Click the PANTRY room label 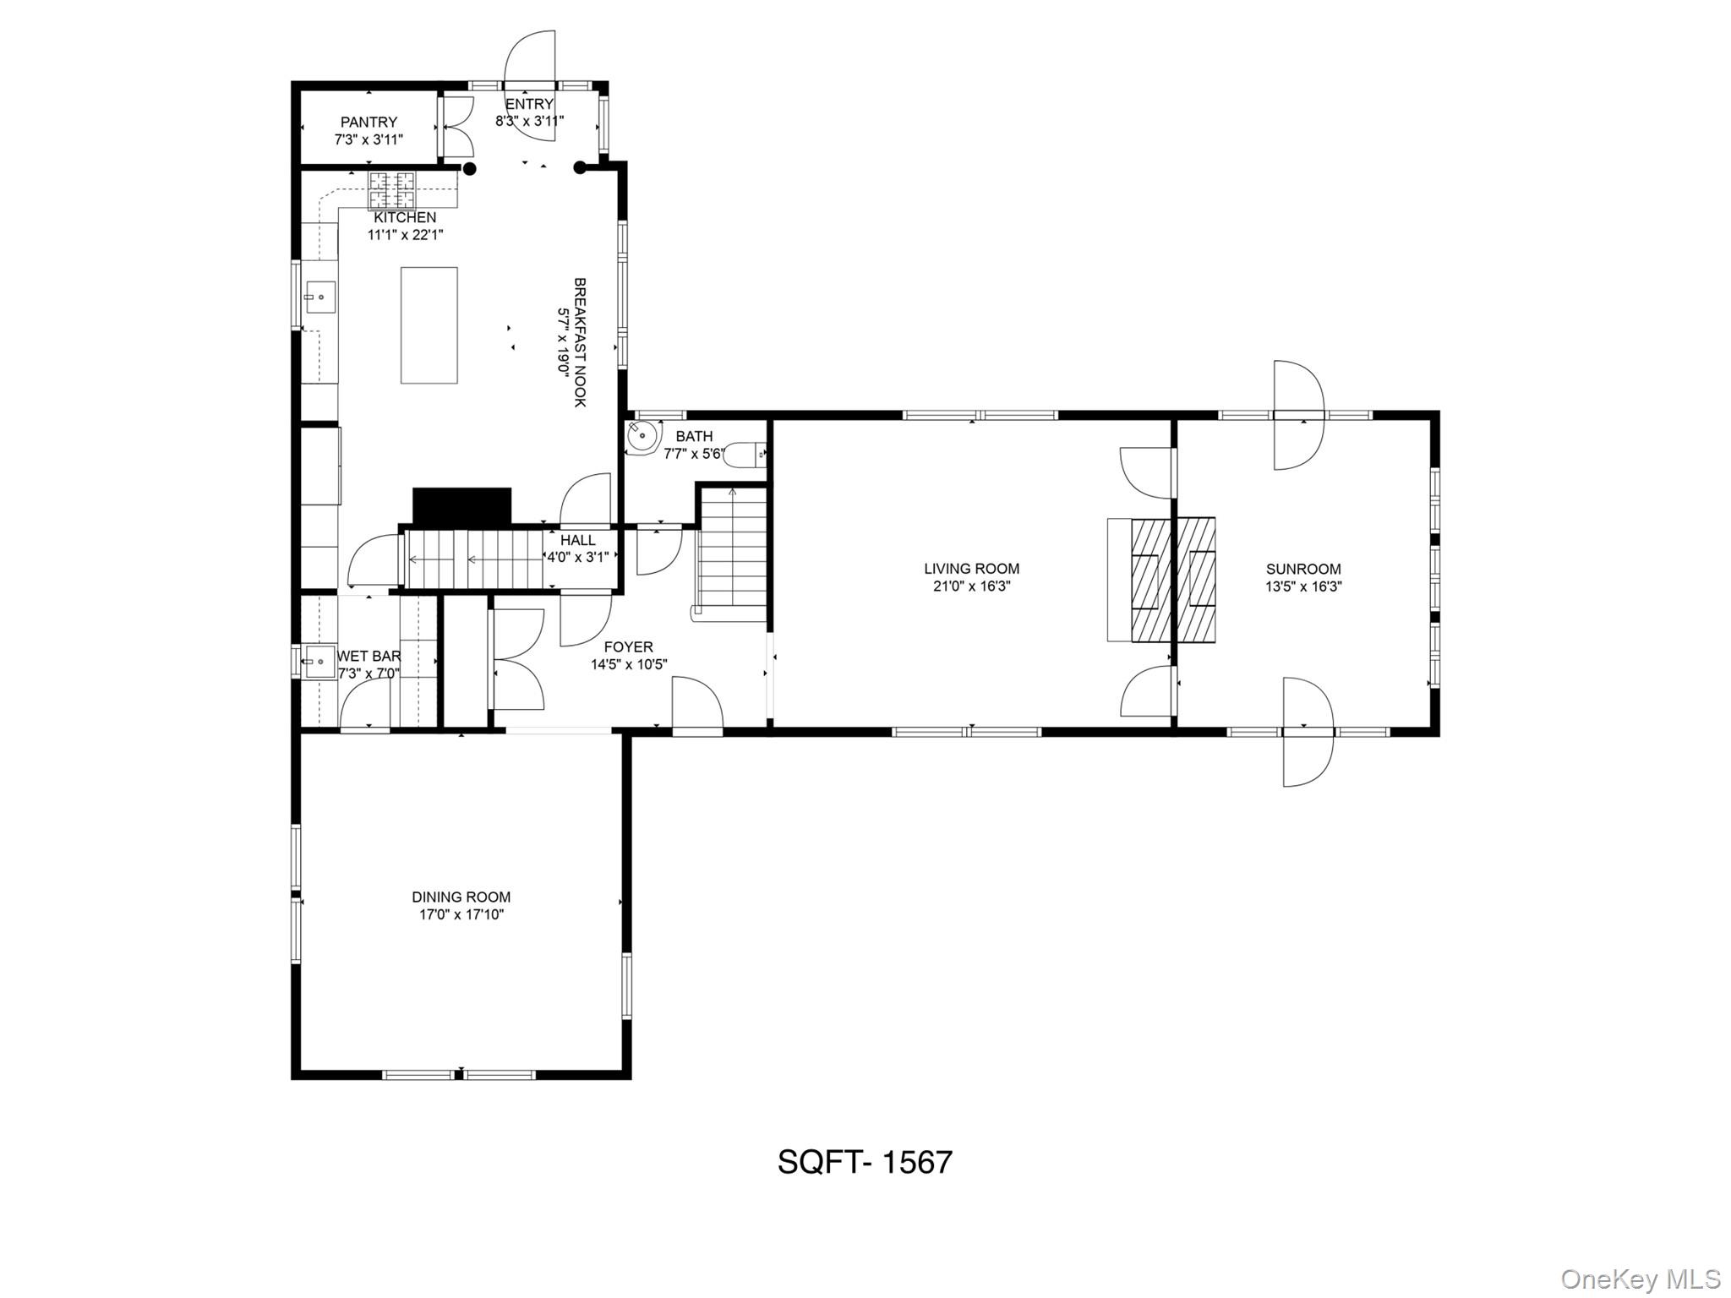click(369, 123)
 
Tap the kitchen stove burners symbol click(392, 190)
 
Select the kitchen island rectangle click(429, 325)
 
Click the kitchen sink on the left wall click(319, 297)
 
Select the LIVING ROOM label click(971, 569)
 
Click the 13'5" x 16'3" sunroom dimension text click(1303, 586)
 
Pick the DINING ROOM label click(461, 897)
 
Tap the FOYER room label click(628, 647)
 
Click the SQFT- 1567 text click(865, 1162)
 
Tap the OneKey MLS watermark click(1640, 1279)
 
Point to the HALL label click(577, 540)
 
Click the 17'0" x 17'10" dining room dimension click(461, 914)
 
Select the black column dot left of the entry click(470, 169)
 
